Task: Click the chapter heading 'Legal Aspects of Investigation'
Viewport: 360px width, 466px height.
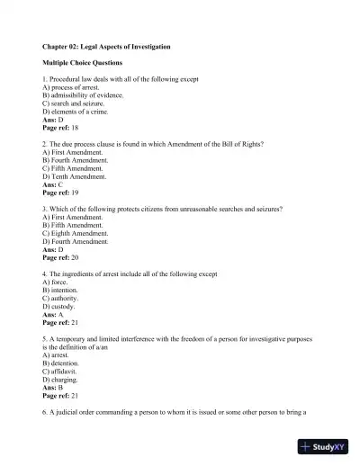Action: tap(107, 46)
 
